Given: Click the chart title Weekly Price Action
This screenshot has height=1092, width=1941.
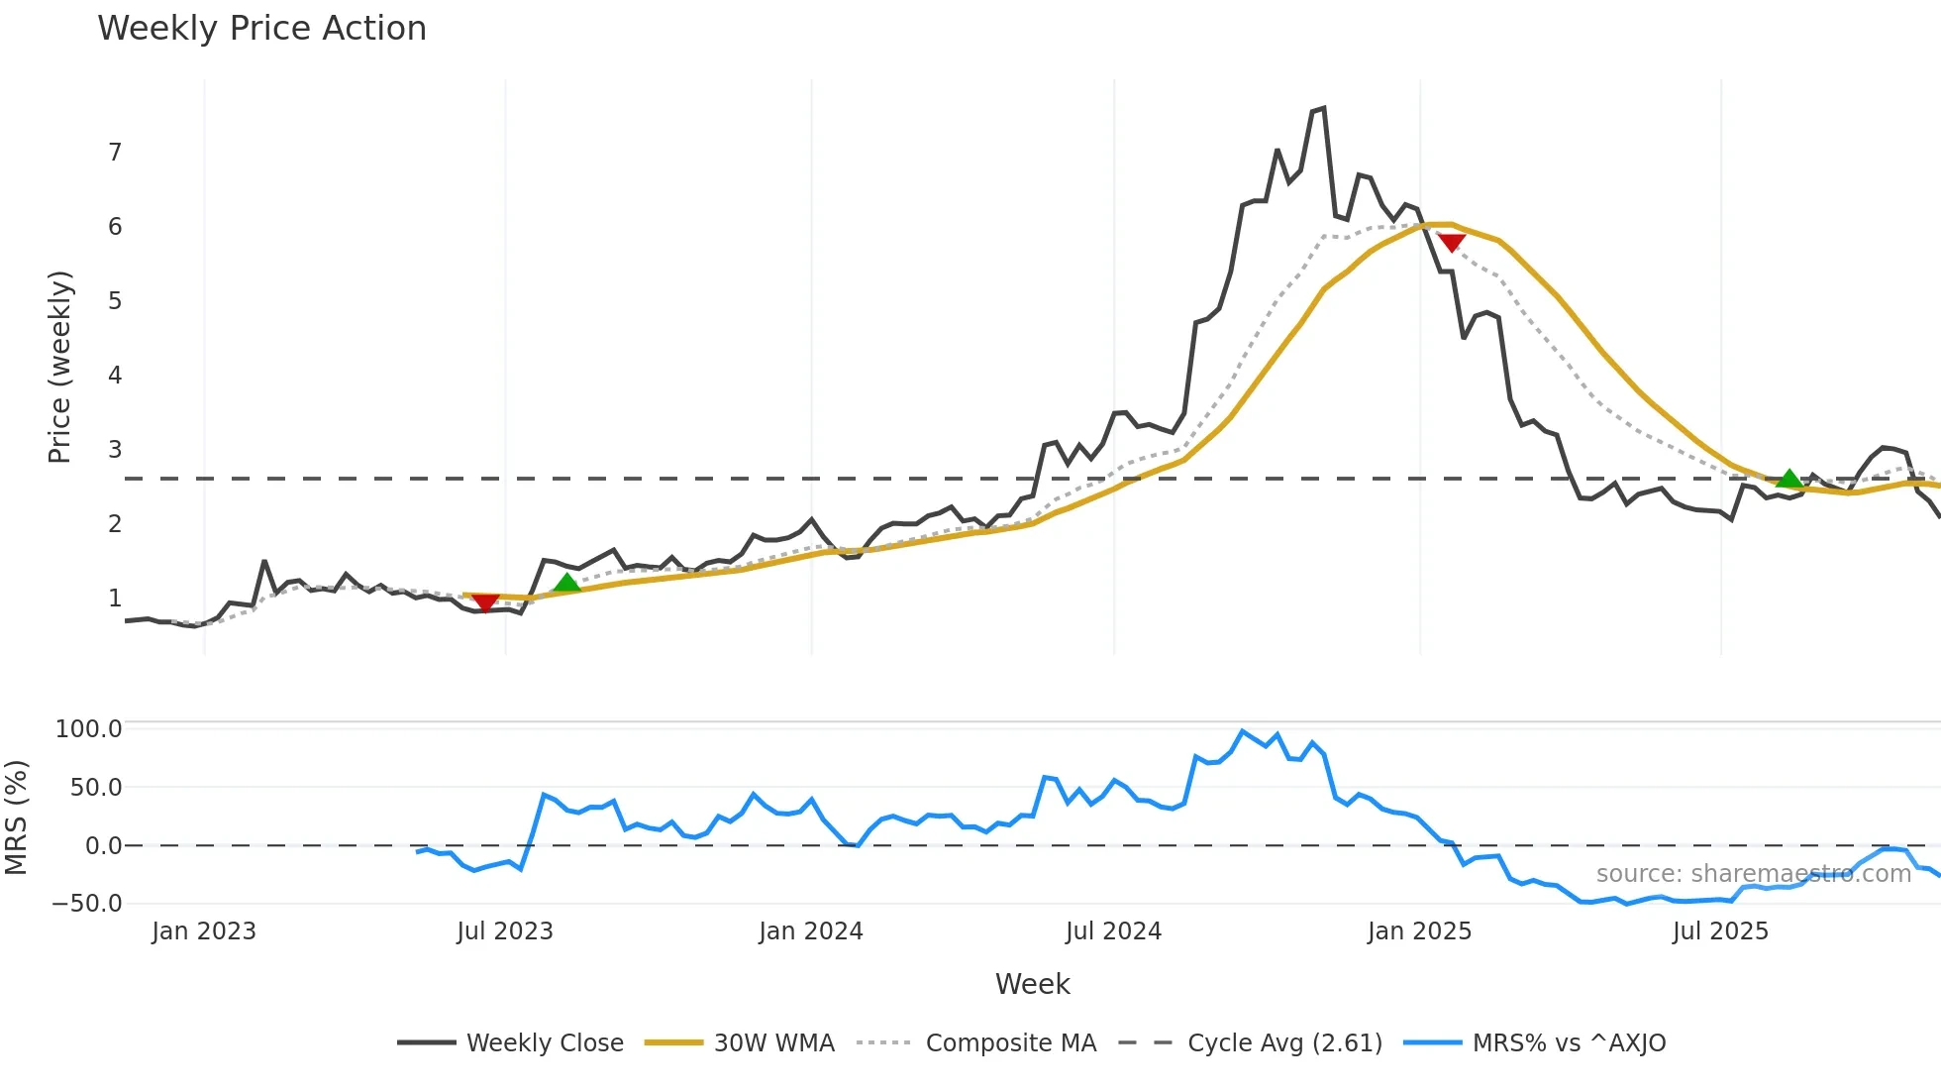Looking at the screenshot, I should point(261,29).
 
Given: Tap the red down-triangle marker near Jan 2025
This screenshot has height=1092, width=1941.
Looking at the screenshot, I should point(1451,243).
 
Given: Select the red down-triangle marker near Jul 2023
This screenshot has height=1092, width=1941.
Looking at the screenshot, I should point(485,602).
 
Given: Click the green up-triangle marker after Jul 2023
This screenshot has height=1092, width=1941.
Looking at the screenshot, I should point(566,583).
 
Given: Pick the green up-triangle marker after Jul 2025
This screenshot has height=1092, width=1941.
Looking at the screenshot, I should point(1788,479).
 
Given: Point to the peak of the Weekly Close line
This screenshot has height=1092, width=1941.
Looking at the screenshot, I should point(1323,108).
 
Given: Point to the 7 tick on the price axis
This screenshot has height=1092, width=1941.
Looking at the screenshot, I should point(115,153).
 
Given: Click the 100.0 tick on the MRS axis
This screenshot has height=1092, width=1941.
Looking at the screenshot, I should point(88,729).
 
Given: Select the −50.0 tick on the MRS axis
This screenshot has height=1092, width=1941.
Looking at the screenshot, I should point(87,904).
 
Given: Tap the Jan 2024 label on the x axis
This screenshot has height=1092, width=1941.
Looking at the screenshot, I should point(811,931).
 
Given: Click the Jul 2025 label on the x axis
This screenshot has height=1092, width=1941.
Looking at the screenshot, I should point(1720,931).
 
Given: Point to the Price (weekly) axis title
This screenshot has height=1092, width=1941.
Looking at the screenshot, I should point(59,367).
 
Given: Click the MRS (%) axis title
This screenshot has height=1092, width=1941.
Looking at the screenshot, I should point(16,818).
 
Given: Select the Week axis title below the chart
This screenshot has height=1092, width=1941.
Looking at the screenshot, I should point(1032,984).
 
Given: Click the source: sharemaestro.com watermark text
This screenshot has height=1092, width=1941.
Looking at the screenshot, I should point(1753,874).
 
